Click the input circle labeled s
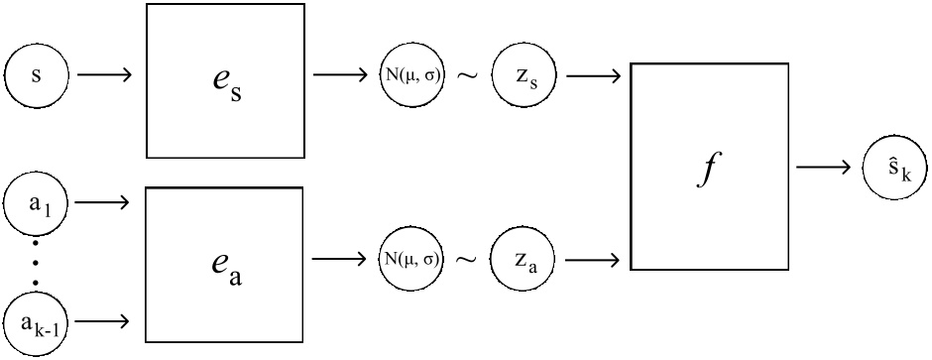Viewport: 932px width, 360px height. (37, 74)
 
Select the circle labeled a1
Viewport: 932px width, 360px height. (37, 202)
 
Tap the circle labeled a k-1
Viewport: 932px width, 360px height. (37, 319)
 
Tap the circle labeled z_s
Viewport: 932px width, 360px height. (524, 74)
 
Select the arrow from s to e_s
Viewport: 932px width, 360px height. (104, 74)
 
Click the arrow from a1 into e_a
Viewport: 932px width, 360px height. (104, 202)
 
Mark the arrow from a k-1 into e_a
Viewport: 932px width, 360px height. (104, 319)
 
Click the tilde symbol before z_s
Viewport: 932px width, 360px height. (467, 75)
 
